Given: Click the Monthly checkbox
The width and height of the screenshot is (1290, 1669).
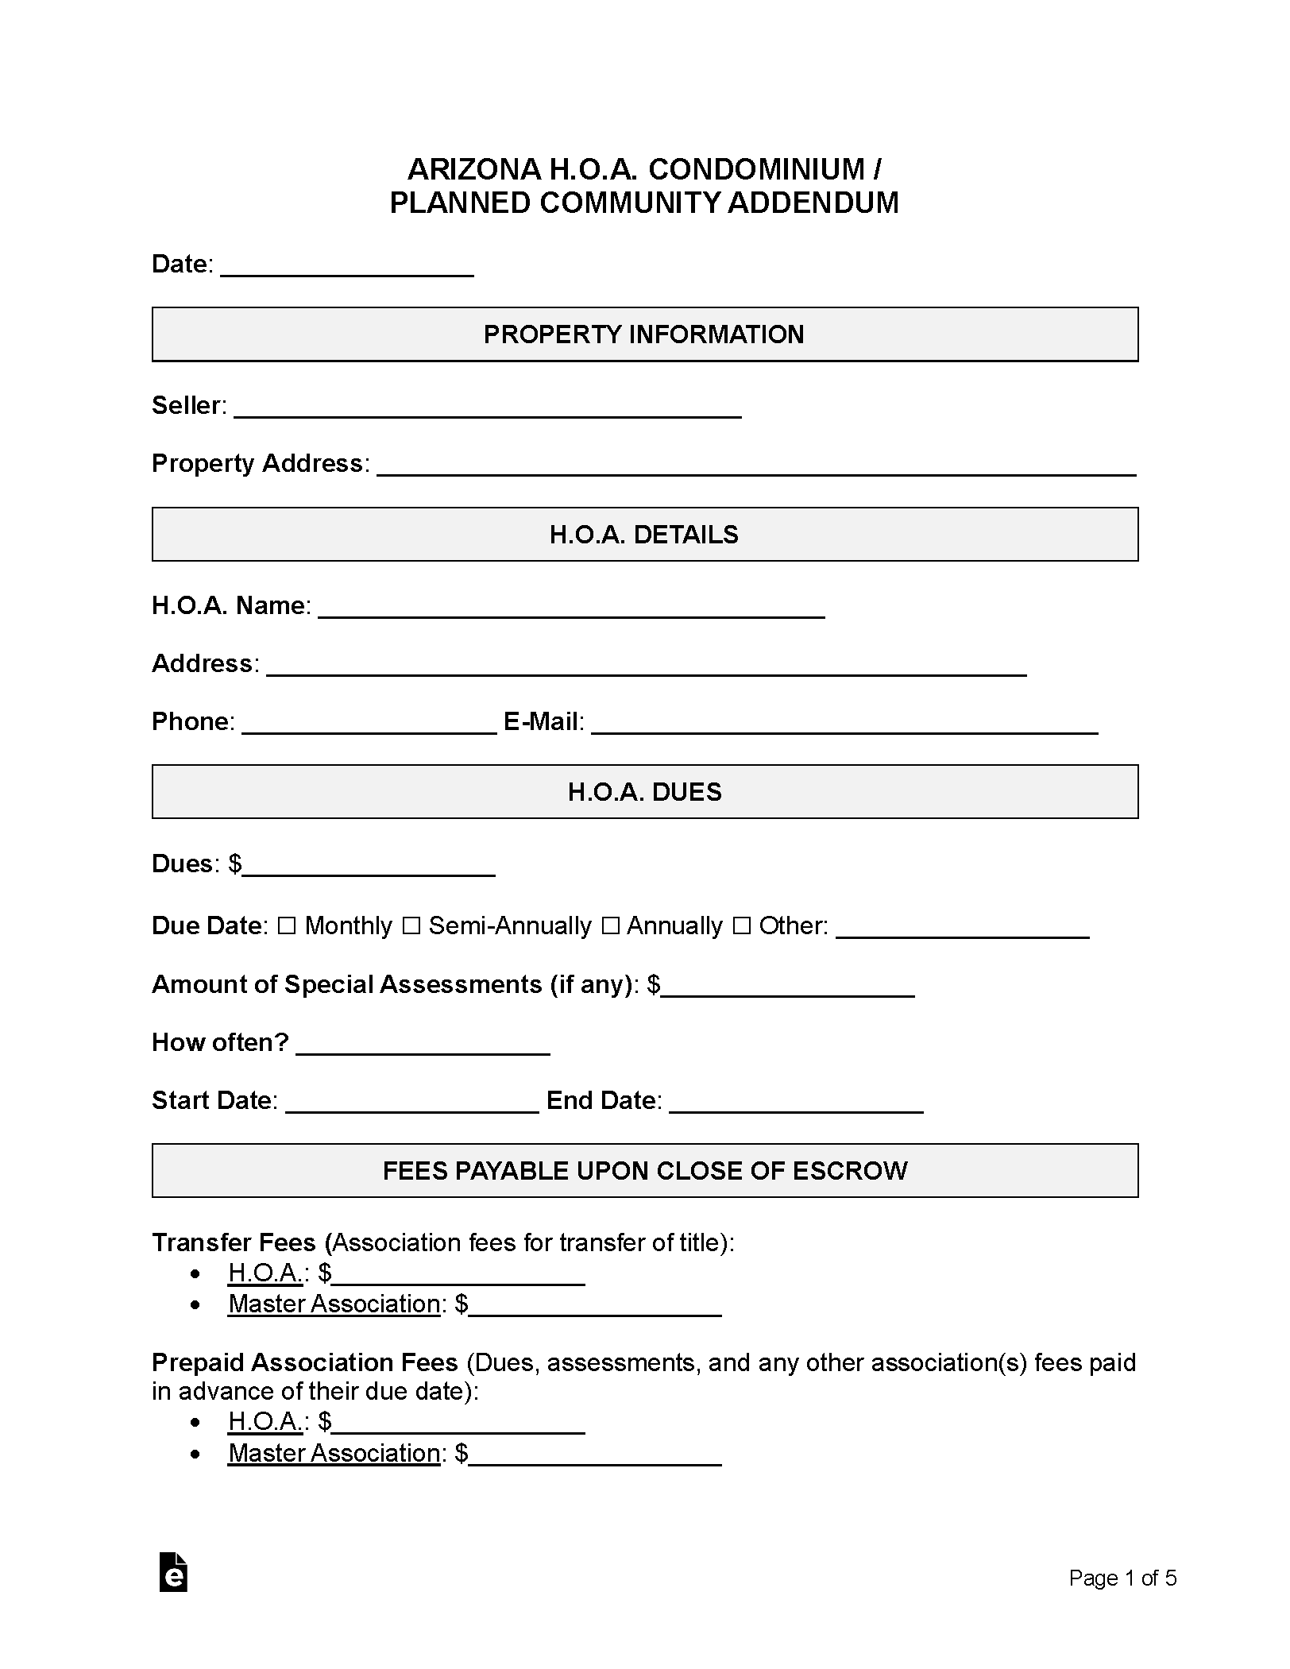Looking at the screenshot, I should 287,925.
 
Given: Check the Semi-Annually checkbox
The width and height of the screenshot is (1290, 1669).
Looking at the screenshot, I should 411,925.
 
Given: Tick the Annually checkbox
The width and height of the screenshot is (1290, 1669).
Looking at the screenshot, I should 609,925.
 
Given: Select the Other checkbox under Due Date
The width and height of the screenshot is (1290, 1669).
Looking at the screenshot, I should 741,925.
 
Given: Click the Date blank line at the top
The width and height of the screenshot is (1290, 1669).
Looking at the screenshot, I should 346,266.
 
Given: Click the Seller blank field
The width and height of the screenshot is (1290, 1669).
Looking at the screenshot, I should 487,408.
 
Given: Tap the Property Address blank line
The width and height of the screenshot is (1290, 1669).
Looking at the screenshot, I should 755,466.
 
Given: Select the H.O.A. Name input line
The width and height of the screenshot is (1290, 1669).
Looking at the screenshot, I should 571,608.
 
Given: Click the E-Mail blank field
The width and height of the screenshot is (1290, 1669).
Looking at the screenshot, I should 844,724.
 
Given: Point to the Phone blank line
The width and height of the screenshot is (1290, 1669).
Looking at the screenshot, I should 369,724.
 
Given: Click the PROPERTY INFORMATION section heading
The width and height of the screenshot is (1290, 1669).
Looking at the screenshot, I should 644,334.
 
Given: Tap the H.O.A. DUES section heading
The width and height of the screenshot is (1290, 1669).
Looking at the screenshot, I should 644,792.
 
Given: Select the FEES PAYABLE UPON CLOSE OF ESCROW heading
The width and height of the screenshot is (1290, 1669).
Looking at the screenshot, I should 644,1171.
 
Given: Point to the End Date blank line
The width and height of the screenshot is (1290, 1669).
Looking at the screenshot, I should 796,1103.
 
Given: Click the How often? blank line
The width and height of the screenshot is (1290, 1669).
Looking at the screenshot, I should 423,1045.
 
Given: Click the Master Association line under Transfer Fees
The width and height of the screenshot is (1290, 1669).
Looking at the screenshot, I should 594,1304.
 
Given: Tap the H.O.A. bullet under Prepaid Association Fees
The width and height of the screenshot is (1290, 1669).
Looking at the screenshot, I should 265,1421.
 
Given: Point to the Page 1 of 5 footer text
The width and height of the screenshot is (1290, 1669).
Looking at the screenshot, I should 1122,1578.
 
